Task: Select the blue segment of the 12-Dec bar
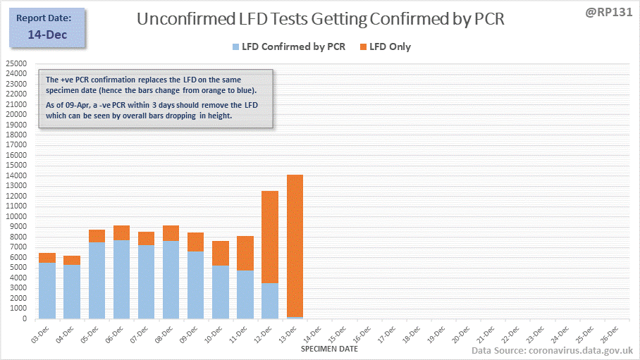tap(270, 301)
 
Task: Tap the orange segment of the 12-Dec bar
tap(270, 237)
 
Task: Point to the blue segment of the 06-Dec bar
tap(121, 279)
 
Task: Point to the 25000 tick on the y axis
tap(16, 63)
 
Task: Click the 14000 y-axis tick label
tap(16, 175)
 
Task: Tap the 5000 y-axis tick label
tap(18, 268)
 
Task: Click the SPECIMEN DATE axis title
tap(329, 349)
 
